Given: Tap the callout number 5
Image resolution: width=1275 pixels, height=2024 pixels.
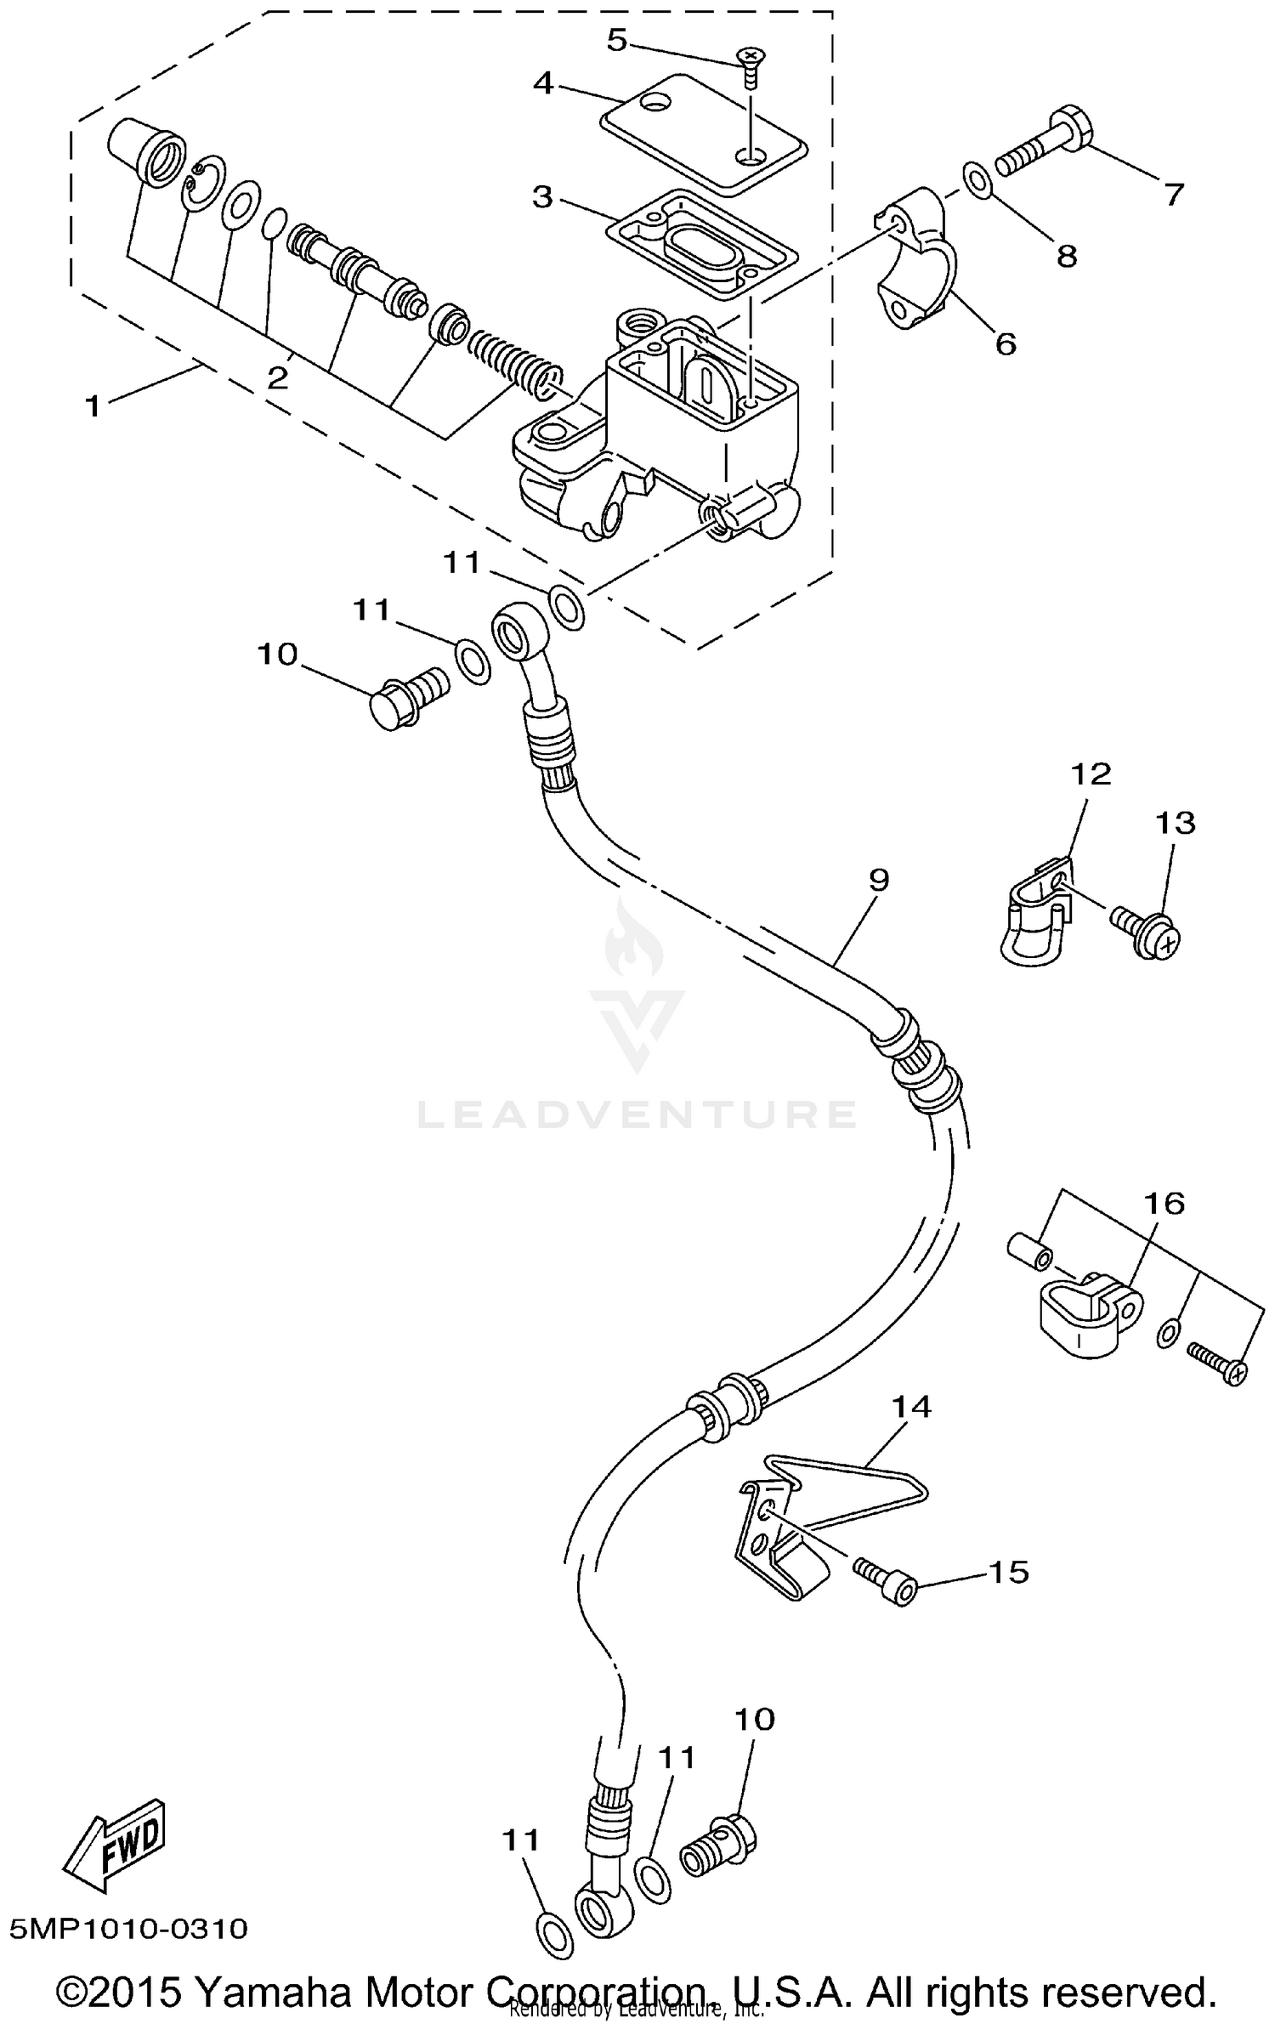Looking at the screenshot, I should pos(616,40).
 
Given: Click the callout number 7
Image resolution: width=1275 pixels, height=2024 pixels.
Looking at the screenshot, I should pos(1173,194).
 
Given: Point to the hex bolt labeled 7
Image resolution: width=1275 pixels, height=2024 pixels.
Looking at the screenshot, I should pos(1045,143).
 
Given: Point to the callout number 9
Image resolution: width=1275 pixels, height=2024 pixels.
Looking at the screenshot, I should pos(879,879).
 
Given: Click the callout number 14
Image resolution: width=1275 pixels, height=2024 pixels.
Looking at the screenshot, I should pos(911,1407).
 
